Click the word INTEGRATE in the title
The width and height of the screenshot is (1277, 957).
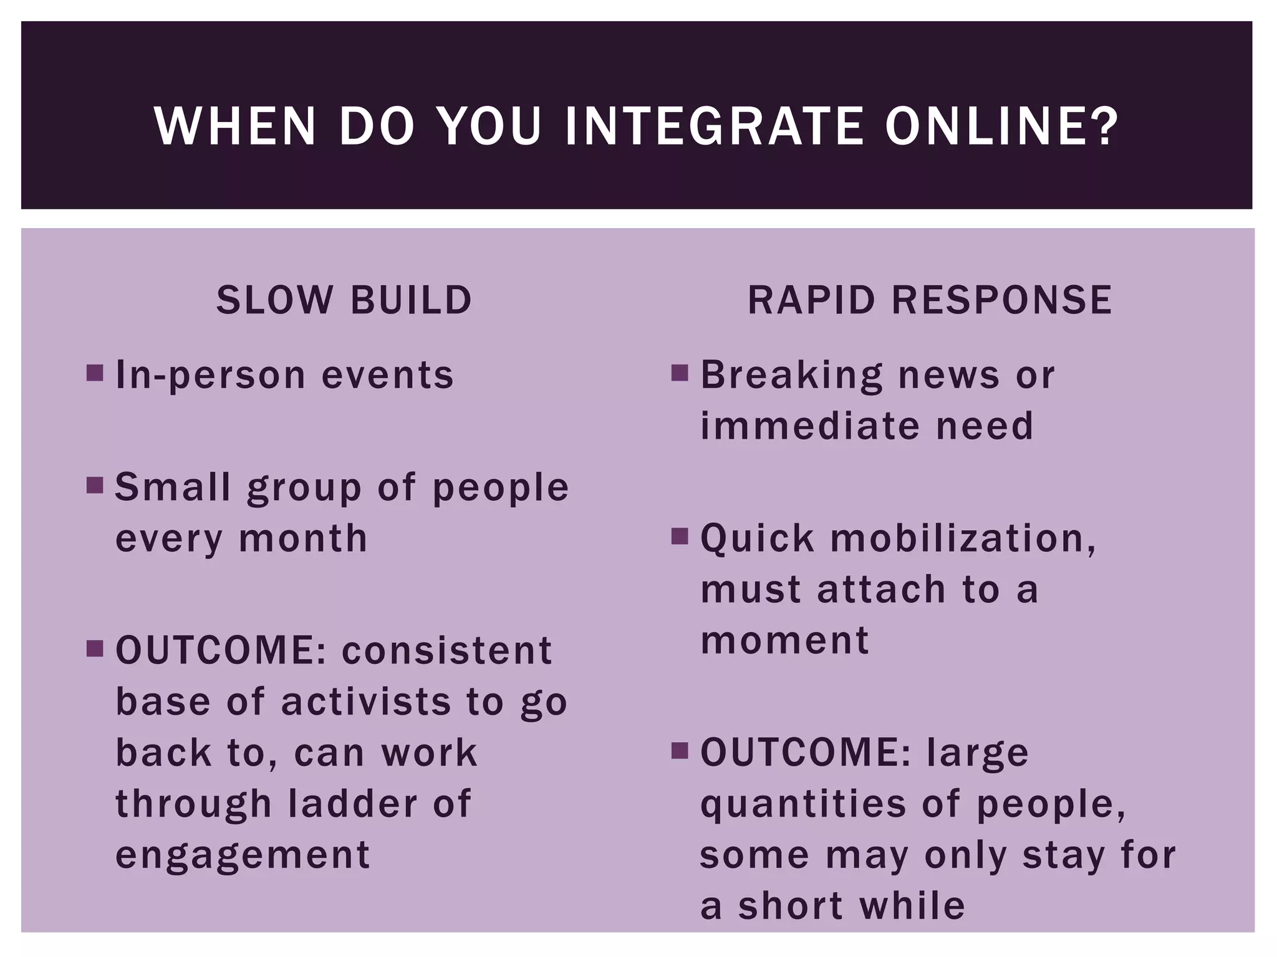click(x=714, y=126)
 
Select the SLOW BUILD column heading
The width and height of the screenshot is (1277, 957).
click(x=344, y=300)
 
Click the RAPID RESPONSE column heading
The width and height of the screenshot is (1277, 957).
click(x=930, y=300)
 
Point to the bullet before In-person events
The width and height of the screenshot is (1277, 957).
click(x=95, y=373)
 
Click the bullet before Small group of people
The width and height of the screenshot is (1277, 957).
click(x=95, y=485)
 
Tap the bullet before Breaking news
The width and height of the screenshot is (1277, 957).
click(x=680, y=373)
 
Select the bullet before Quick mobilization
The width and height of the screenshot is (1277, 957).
click(x=680, y=536)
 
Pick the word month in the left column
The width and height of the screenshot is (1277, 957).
click(x=304, y=538)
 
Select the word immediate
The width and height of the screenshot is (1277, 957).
click(x=809, y=426)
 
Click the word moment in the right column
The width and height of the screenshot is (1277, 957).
click(x=784, y=640)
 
